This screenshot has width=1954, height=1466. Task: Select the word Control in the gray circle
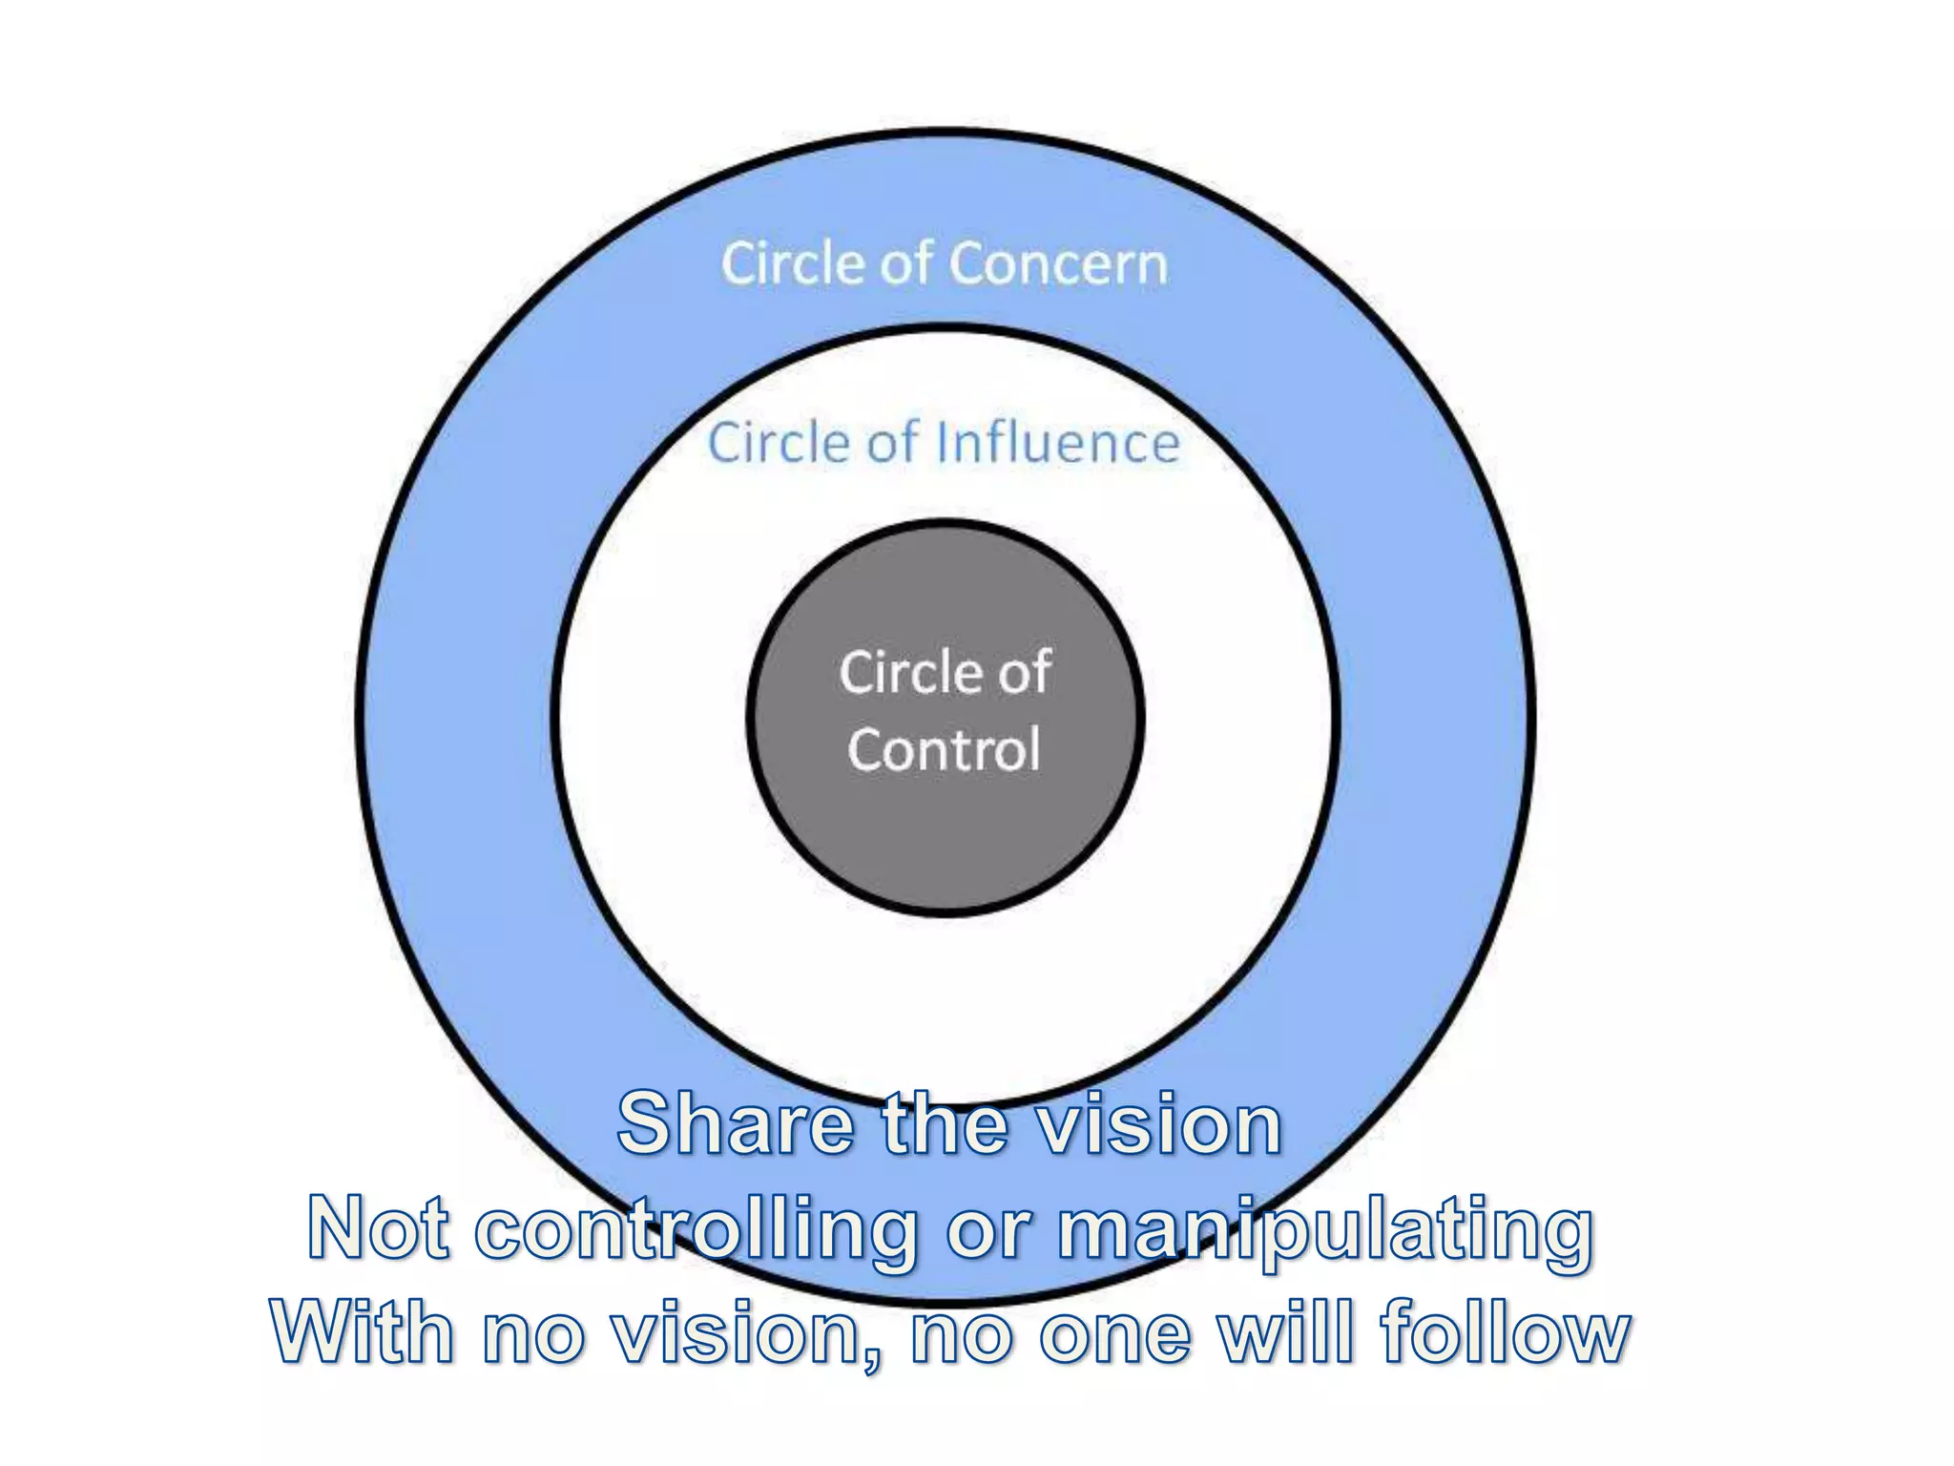click(944, 750)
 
